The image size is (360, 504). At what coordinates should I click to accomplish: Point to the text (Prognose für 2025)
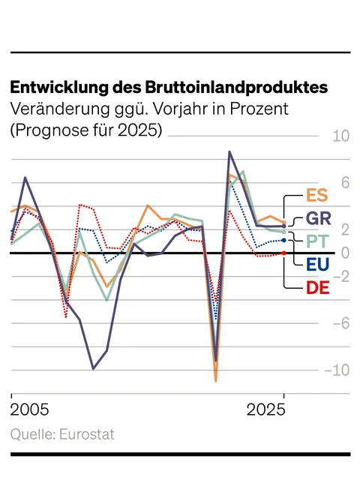point(86,130)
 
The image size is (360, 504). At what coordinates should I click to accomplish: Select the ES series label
point(318,196)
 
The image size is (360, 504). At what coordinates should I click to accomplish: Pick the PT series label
point(318,241)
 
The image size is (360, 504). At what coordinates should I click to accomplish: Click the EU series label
point(318,263)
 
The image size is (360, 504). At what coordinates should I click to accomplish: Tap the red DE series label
point(318,286)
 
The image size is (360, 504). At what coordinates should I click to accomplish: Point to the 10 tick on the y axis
point(340,136)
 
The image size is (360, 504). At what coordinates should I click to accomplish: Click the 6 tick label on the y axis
point(345,183)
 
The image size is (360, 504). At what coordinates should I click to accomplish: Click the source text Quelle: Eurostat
point(62,435)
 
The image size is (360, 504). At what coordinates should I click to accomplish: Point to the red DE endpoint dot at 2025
point(283,253)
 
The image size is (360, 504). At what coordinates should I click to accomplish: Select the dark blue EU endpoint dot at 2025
point(283,240)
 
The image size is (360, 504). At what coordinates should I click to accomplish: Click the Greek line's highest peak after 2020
point(229,151)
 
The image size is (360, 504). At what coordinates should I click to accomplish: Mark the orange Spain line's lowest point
point(216,381)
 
